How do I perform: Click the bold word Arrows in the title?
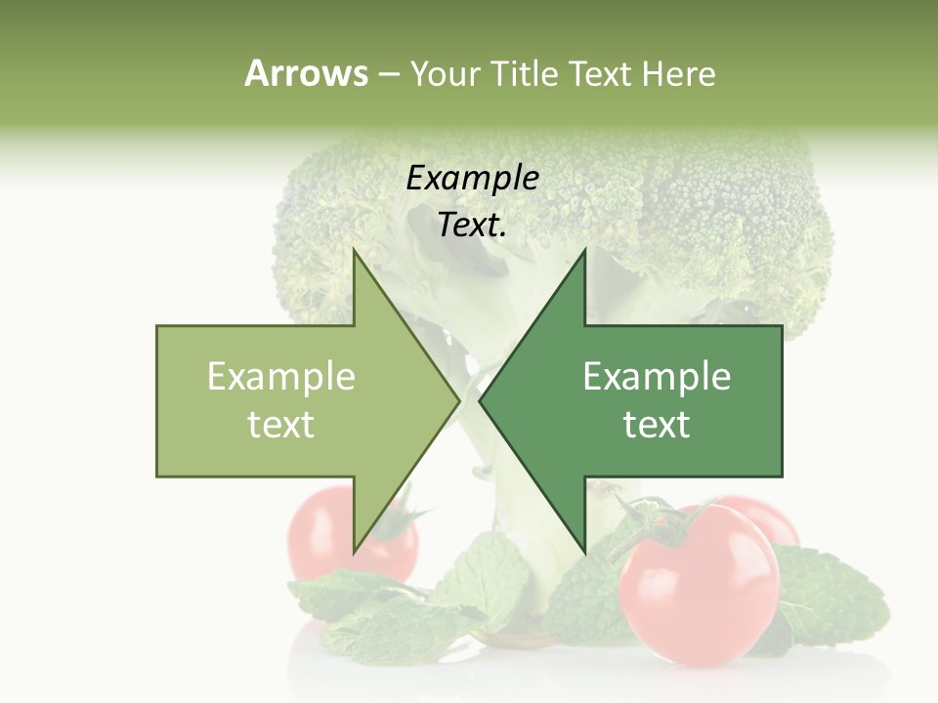[x=306, y=73]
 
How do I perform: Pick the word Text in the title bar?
[x=602, y=74]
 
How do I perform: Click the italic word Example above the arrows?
[x=472, y=179]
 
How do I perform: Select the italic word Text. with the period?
[x=472, y=226]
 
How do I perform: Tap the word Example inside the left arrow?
[x=280, y=377]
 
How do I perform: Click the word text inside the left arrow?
[x=280, y=425]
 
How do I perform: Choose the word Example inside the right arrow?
[x=657, y=377]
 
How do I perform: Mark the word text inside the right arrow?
[x=657, y=425]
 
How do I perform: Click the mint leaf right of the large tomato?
[x=835, y=596]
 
